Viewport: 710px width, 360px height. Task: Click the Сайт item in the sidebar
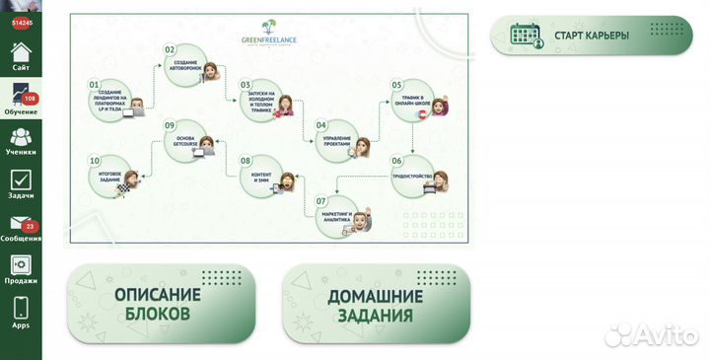point(21,55)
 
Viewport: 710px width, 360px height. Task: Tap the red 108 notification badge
point(30,99)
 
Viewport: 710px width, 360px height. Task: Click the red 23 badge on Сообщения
point(30,226)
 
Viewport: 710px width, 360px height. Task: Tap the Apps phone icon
point(21,311)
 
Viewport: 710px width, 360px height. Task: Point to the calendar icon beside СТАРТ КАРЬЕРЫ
point(525,36)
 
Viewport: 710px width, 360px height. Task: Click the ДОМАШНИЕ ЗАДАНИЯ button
point(377,305)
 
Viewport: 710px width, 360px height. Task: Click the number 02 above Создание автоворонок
point(170,49)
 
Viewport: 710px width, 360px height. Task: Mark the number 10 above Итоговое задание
point(95,160)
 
